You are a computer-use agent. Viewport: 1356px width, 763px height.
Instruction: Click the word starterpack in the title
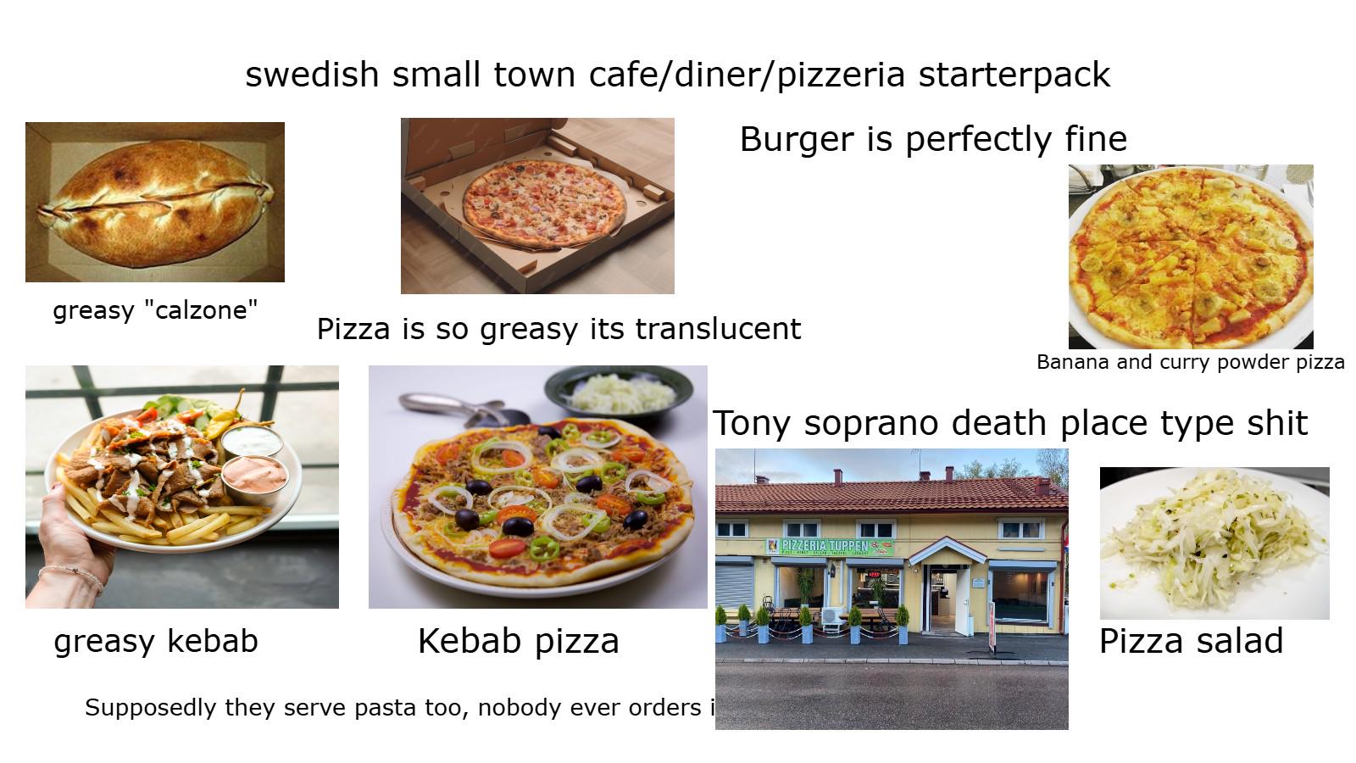coord(1014,75)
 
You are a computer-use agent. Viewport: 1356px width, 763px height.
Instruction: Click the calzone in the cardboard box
coord(155,203)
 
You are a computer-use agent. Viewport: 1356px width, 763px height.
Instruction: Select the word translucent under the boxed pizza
coord(718,330)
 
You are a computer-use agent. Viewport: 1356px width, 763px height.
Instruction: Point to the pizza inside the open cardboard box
coord(544,203)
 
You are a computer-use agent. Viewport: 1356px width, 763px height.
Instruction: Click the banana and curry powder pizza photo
coord(1191,257)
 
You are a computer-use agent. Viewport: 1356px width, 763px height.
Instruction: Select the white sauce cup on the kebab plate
coord(251,441)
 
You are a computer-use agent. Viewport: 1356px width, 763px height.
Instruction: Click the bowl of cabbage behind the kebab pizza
coord(619,393)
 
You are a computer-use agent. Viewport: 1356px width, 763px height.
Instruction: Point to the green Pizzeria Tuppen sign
coord(830,546)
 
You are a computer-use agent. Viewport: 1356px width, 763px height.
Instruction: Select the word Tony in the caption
coord(751,423)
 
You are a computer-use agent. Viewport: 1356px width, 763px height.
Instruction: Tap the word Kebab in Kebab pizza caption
coord(470,641)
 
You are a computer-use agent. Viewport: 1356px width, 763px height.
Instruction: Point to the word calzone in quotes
coord(201,310)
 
